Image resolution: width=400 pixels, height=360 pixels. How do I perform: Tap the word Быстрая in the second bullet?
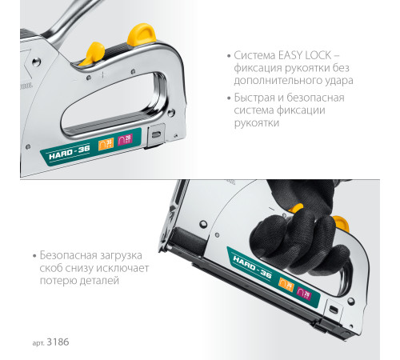click(255, 98)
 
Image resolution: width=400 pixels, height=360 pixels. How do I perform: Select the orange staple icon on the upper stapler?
click(106, 144)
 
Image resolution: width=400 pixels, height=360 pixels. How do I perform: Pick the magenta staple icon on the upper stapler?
click(124, 142)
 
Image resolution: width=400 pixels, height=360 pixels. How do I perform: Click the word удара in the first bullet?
click(338, 81)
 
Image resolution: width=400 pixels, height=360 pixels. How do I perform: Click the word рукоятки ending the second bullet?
click(257, 124)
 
